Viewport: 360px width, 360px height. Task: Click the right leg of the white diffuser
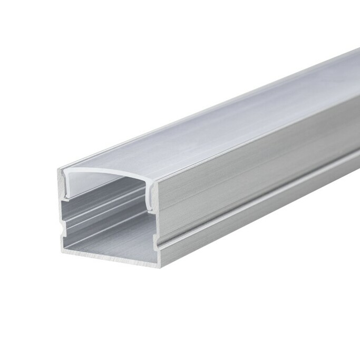tap(150, 198)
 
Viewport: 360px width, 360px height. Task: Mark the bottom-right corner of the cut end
tap(158, 267)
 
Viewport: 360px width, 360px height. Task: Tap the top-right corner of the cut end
tap(157, 182)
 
